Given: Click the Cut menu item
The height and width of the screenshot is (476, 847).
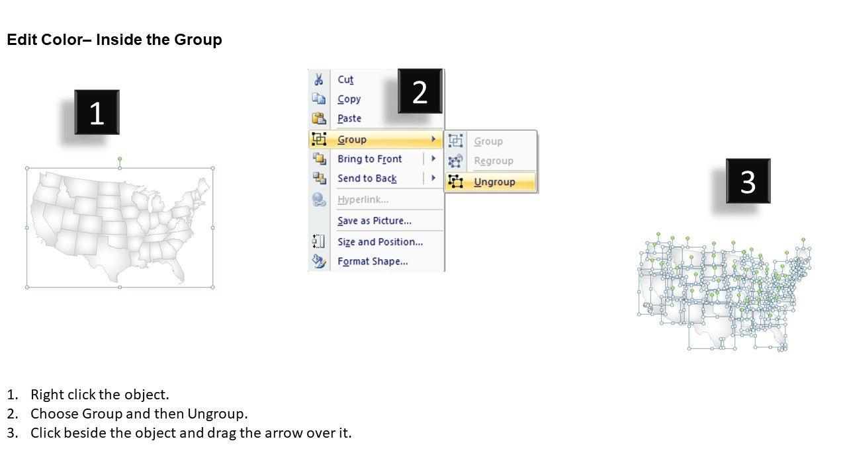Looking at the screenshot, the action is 345,79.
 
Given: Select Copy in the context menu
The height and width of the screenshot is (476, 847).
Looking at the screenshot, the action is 349,99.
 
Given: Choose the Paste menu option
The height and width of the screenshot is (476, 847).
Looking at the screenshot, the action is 349,118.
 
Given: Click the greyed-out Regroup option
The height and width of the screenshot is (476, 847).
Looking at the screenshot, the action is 494,161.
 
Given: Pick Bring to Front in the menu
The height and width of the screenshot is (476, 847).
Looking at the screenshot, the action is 369,159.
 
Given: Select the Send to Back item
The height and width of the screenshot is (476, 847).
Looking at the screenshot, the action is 367,178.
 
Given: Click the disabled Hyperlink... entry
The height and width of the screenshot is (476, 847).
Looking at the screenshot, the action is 363,200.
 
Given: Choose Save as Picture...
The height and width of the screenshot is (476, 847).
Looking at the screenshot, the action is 375,221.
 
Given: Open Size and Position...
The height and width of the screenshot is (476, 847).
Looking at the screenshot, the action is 380,242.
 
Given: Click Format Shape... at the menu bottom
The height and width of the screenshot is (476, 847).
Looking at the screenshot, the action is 373,261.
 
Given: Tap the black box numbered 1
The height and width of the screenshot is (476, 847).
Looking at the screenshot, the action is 97,112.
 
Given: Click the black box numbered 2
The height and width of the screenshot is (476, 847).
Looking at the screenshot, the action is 420,91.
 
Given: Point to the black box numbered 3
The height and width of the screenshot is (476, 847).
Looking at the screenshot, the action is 748,181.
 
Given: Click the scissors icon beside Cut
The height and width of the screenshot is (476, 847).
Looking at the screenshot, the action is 318,79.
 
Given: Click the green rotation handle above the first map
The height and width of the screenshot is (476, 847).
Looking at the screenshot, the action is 120,159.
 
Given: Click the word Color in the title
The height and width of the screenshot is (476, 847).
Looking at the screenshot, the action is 62,40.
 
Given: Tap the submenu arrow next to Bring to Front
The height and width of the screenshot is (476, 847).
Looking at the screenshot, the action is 433,159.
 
